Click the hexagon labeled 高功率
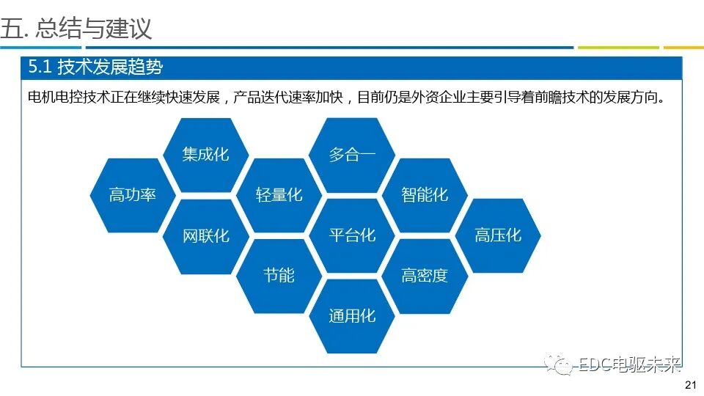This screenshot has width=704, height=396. [x=133, y=195]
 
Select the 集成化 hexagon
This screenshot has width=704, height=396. [x=206, y=155]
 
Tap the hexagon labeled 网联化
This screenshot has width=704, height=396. [x=206, y=235]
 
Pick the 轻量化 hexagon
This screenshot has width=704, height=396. [x=279, y=195]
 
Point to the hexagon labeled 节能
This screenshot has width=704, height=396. [x=279, y=275]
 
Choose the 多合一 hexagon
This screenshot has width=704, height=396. [x=352, y=155]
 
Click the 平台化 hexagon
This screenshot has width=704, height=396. [x=352, y=235]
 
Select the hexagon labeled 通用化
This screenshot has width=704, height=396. [x=352, y=315]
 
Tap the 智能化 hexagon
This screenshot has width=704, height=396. [x=425, y=195]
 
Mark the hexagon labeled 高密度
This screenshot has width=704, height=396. [x=425, y=275]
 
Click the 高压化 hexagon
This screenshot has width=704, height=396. [x=498, y=235]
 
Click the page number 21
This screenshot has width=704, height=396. [x=689, y=386]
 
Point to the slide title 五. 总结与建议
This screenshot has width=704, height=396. [x=76, y=28]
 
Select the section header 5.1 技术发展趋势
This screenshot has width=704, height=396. [x=95, y=68]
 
